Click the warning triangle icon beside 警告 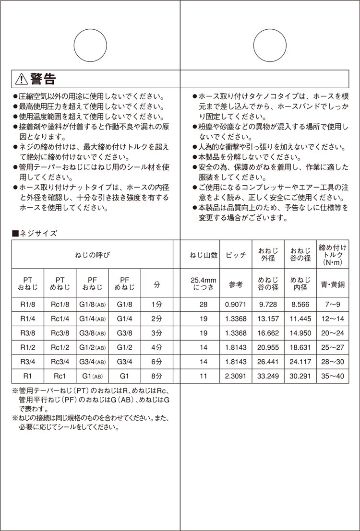tap(22, 78)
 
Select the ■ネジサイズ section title tap(35, 234)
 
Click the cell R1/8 tap(27, 304)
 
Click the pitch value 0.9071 tap(236, 304)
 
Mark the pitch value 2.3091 tap(236, 376)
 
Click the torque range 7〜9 tap(332, 304)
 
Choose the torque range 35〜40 tap(332, 376)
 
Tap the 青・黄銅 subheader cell tap(332, 284)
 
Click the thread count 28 tap(204, 304)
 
